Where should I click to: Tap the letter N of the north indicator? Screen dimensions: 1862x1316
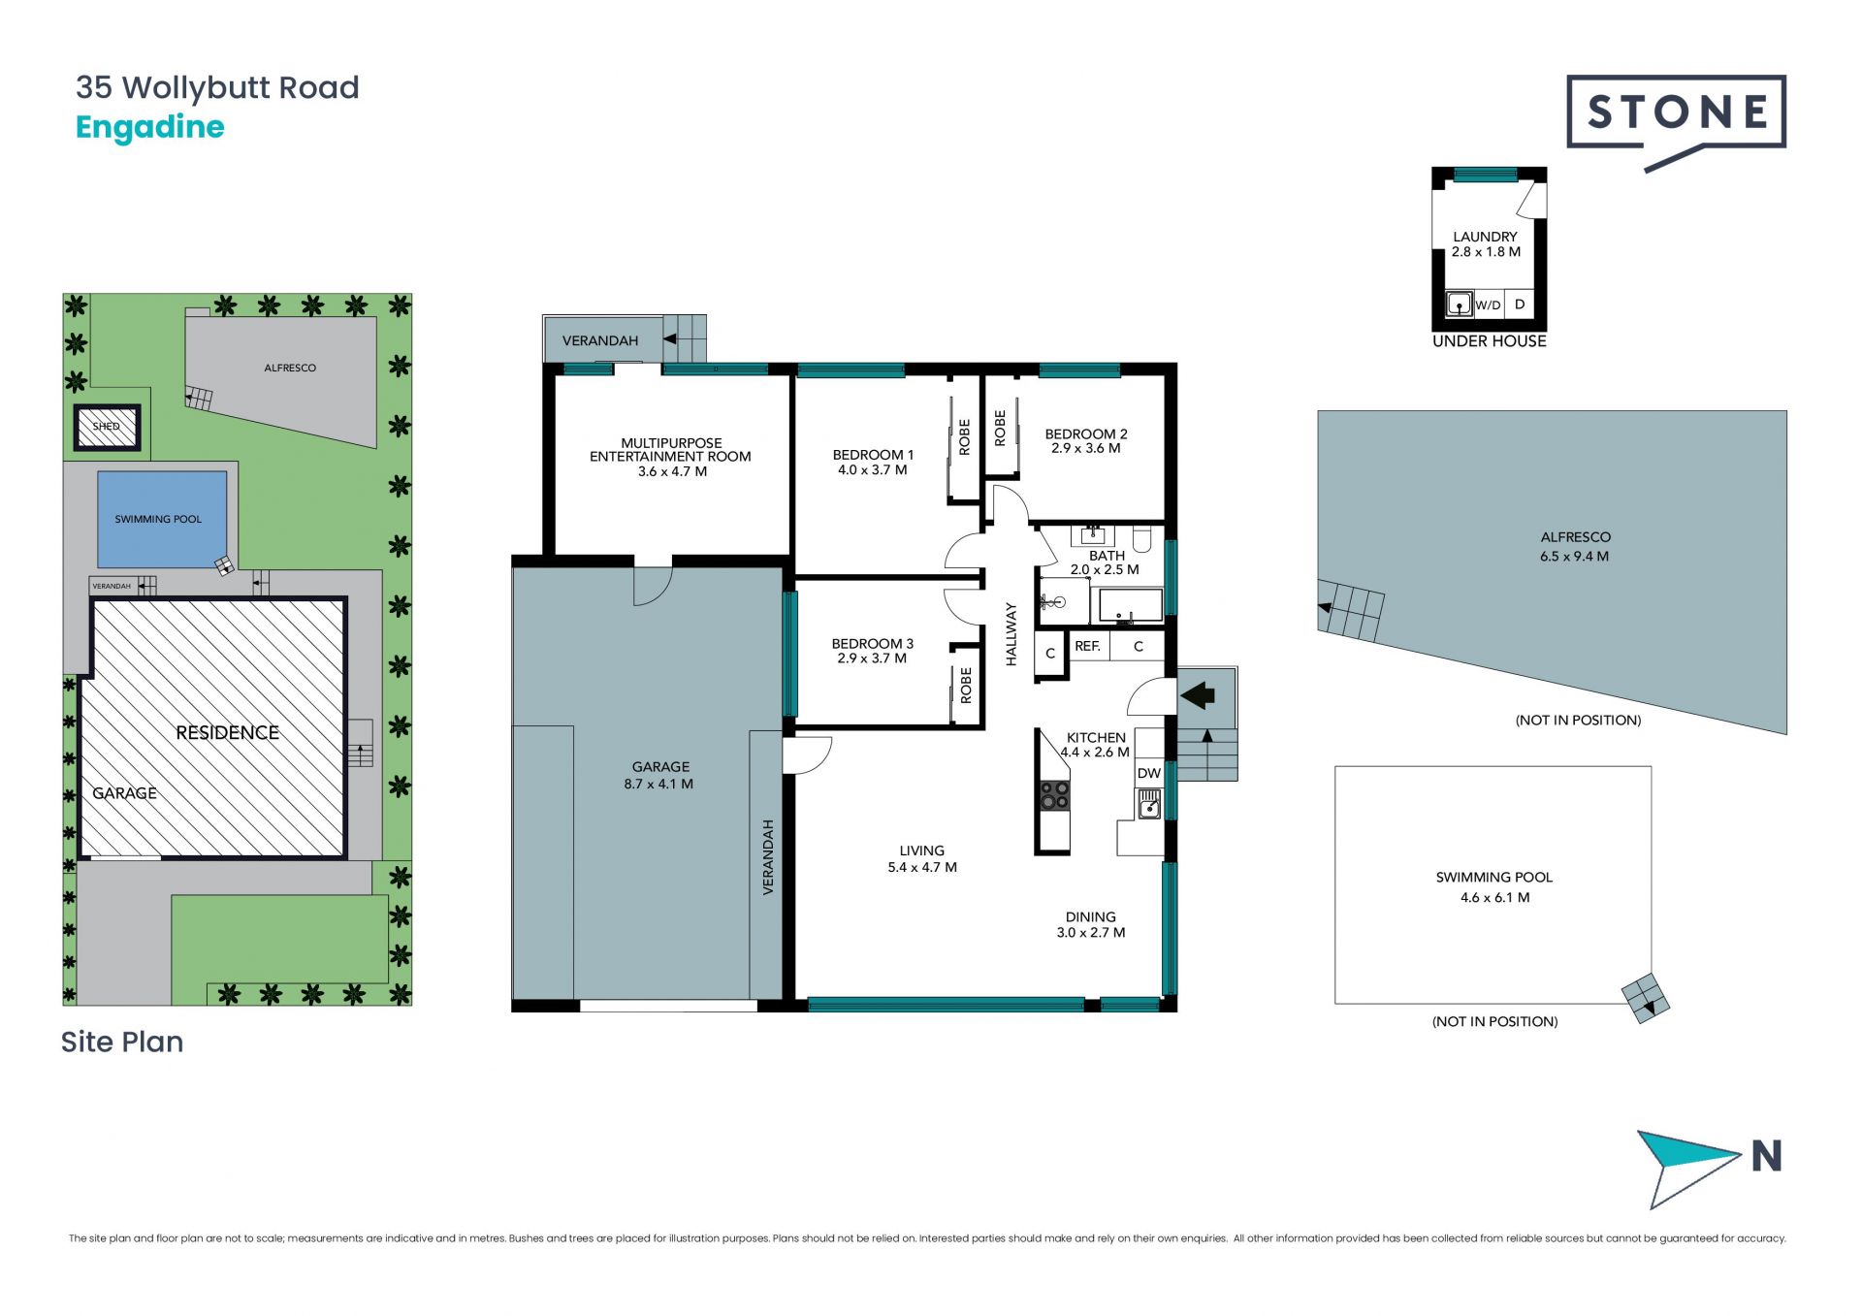click(1767, 1156)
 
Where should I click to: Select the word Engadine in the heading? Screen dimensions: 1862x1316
click(150, 128)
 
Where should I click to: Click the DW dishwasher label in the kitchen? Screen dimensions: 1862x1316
click(1149, 773)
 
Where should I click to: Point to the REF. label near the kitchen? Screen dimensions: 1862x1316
click(1087, 646)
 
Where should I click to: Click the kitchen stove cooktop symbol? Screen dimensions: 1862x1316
click(1054, 795)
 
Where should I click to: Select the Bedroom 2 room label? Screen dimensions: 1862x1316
click(1086, 434)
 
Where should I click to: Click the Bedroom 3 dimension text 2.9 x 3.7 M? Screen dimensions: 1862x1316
click(872, 658)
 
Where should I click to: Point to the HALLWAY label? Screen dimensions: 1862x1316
click(1011, 634)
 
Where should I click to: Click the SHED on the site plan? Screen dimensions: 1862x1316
click(107, 427)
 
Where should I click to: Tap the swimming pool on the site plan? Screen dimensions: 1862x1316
click(162, 520)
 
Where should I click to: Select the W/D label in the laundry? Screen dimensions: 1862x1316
click(1488, 305)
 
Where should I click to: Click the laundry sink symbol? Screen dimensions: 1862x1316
click(1459, 305)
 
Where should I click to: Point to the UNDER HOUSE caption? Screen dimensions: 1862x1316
click(1490, 341)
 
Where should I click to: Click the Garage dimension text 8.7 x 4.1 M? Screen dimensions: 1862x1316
click(658, 784)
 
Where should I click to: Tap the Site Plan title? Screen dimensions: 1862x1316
click(122, 1042)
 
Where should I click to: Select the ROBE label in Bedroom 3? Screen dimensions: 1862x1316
click(966, 686)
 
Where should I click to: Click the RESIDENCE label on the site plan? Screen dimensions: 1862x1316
click(227, 733)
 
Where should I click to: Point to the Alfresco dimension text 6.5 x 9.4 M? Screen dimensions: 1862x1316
click(1574, 557)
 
